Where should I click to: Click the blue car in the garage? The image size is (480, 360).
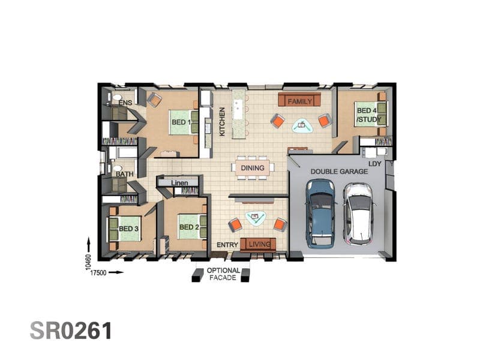pos(320,214)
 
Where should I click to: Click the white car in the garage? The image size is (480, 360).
pos(358,214)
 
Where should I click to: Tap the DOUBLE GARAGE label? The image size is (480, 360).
pos(339,172)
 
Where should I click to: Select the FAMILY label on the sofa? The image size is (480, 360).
pos(300,101)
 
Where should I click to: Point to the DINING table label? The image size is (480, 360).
pos(253,168)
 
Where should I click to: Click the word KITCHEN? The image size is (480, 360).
pos(222,122)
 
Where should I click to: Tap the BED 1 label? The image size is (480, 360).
pos(181,122)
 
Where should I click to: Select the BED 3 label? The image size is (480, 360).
pos(128,229)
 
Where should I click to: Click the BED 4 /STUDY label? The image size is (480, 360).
pos(369,115)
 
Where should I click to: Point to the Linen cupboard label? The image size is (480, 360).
pos(179,183)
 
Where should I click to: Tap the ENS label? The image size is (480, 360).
pos(125,103)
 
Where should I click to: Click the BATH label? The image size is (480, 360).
pos(125,174)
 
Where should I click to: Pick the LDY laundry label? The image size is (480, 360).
pos(374,164)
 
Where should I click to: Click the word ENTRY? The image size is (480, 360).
pos(227,245)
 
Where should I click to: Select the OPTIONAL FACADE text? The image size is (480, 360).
pos(223,274)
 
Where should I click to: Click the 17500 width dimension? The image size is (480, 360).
pos(98,273)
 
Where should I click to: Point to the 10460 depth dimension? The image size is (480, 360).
pos(88,262)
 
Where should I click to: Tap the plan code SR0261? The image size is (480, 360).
pos(71,331)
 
